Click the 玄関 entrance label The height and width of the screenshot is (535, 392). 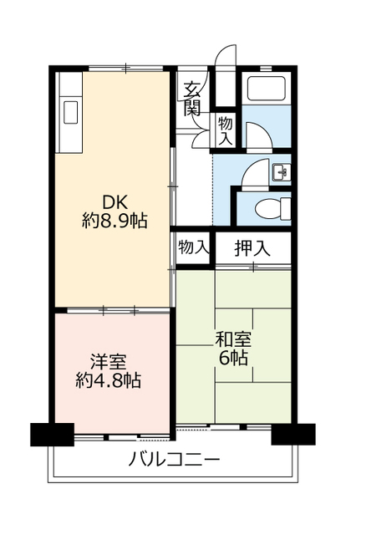pyautogui.click(x=193, y=98)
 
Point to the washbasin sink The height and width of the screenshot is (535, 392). pyautogui.click(x=282, y=172)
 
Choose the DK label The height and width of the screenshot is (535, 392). pyautogui.click(x=115, y=203)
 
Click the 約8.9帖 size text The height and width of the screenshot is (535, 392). pyautogui.click(x=115, y=222)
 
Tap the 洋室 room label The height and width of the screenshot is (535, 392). pyautogui.click(x=109, y=362)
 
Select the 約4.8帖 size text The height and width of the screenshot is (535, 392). pyautogui.click(x=109, y=381)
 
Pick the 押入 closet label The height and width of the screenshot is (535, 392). pyautogui.click(x=252, y=247)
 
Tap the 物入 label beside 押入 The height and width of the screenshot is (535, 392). pyautogui.click(x=193, y=247)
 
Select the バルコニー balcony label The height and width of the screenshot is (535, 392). pyautogui.click(x=175, y=459)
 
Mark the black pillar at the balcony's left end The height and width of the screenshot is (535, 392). pyautogui.click(x=52, y=436)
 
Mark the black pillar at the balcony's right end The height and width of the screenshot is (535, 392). pyautogui.click(x=293, y=435)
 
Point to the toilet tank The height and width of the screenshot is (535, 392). pyautogui.click(x=286, y=206)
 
